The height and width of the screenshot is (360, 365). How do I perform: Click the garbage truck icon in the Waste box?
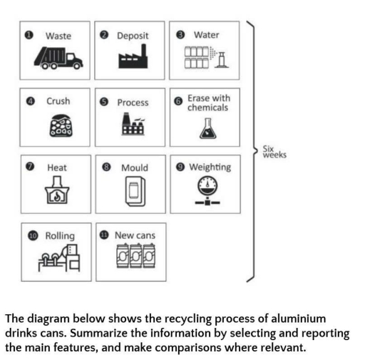click(x=57, y=59)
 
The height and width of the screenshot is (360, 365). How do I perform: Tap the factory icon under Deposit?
click(x=132, y=59)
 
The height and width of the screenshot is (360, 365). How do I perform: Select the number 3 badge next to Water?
click(x=180, y=35)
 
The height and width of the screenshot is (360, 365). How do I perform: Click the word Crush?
click(x=58, y=101)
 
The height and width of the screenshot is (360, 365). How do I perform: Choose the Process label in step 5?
click(x=133, y=103)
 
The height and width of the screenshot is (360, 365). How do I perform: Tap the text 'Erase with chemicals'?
click(x=208, y=103)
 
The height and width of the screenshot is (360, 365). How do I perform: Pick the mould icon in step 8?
click(x=133, y=192)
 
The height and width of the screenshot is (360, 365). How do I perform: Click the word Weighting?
click(x=210, y=168)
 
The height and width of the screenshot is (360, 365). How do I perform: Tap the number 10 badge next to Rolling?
click(x=33, y=235)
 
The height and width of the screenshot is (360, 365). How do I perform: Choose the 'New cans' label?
click(x=135, y=235)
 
